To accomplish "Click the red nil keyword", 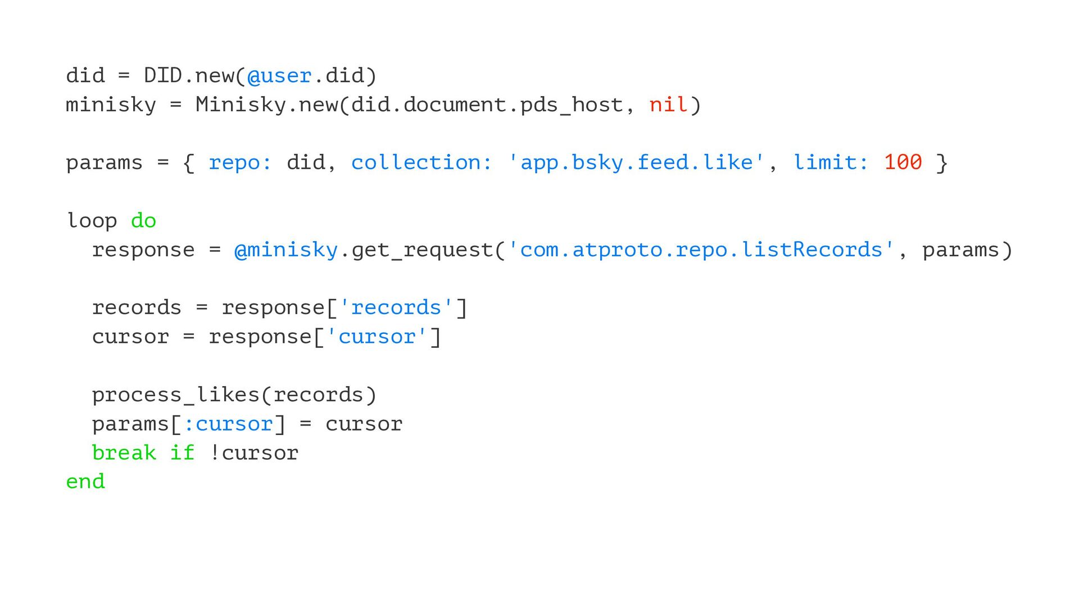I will (x=668, y=105).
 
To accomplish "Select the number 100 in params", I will (x=903, y=162).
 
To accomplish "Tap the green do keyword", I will (x=143, y=220).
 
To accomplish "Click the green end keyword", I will (x=85, y=482).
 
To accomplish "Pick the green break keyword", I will (x=124, y=452).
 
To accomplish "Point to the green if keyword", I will (x=182, y=452).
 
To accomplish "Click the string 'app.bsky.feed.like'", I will (x=636, y=162).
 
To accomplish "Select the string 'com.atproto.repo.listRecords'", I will (x=701, y=250).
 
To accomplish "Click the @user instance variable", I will (x=279, y=76).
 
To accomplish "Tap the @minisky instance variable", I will (x=286, y=250).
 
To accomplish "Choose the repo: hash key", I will (x=240, y=162).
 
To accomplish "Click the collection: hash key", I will (x=421, y=162).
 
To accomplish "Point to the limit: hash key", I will (x=831, y=162).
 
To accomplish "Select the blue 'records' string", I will (x=396, y=307).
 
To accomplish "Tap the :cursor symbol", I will (x=228, y=424).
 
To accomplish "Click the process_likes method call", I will (x=175, y=395).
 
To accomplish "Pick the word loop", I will (x=92, y=220).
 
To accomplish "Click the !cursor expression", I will (x=253, y=452).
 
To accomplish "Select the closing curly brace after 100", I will (x=942, y=163).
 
